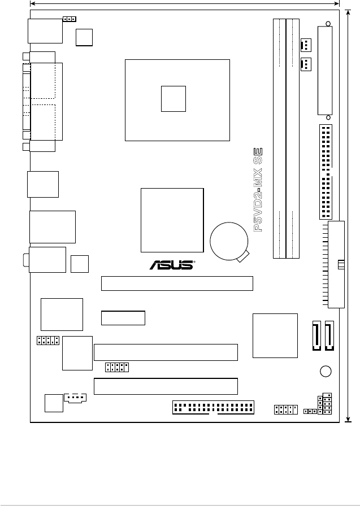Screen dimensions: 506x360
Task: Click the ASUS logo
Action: point(171,265)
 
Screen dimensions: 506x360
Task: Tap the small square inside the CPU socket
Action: point(173,99)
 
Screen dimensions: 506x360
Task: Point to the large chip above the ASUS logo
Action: point(172,220)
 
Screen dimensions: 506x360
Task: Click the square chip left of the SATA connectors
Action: point(275,335)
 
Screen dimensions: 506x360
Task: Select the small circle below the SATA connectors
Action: point(325,371)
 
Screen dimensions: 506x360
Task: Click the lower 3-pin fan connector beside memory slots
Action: point(305,65)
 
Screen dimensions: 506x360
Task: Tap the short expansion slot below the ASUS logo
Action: point(123,318)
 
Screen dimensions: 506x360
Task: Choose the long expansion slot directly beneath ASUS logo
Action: point(177,283)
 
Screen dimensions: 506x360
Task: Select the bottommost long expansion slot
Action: point(166,386)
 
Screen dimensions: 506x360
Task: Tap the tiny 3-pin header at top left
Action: point(70,19)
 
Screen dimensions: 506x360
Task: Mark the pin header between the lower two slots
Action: point(117,368)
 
